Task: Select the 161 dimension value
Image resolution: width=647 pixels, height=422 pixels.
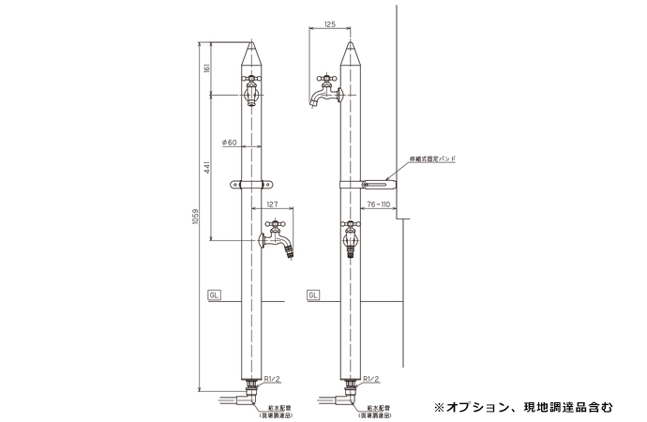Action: click(209, 68)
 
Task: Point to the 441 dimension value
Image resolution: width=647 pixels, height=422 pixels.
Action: click(209, 167)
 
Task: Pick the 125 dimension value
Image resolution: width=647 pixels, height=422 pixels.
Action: click(327, 23)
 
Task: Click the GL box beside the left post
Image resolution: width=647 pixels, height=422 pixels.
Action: click(215, 294)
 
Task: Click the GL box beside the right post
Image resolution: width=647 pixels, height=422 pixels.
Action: click(313, 294)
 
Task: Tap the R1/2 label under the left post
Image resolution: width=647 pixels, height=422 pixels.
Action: click(273, 379)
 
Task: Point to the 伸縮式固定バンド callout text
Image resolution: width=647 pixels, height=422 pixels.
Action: click(432, 160)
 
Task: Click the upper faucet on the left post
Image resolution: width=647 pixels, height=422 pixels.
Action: click(250, 90)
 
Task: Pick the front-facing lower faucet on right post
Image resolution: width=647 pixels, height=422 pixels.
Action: click(350, 239)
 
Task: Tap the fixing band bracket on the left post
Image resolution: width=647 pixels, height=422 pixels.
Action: click(250, 185)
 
